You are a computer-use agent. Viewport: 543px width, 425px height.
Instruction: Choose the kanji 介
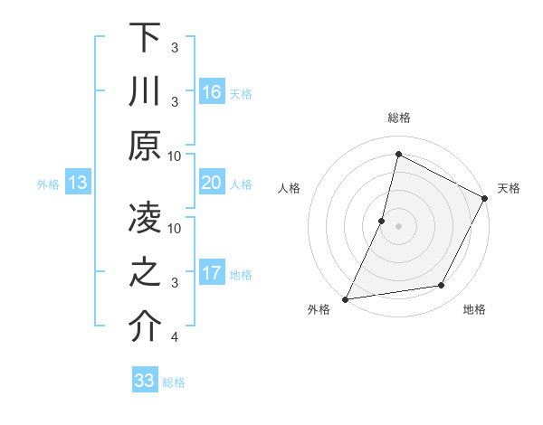click(x=145, y=327)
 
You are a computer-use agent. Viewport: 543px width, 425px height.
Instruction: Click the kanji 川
click(x=145, y=92)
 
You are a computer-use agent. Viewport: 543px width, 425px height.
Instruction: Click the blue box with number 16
click(x=212, y=92)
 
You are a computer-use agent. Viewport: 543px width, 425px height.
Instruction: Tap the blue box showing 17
click(x=212, y=273)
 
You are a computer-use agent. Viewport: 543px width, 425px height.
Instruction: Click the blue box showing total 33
click(x=145, y=381)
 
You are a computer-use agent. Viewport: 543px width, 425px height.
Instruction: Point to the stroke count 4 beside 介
click(x=175, y=337)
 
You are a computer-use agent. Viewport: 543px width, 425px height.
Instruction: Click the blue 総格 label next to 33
click(x=175, y=382)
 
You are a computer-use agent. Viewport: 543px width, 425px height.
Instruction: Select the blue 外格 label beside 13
click(x=48, y=184)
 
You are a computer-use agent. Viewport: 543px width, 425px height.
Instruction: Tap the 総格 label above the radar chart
click(x=398, y=118)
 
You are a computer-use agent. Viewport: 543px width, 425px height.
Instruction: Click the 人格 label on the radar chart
click(x=290, y=188)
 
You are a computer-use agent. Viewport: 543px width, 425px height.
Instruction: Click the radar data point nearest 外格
click(x=345, y=299)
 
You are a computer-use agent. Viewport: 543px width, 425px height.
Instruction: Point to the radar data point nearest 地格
click(x=442, y=286)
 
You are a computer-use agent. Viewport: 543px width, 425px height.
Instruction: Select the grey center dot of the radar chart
click(x=398, y=226)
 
